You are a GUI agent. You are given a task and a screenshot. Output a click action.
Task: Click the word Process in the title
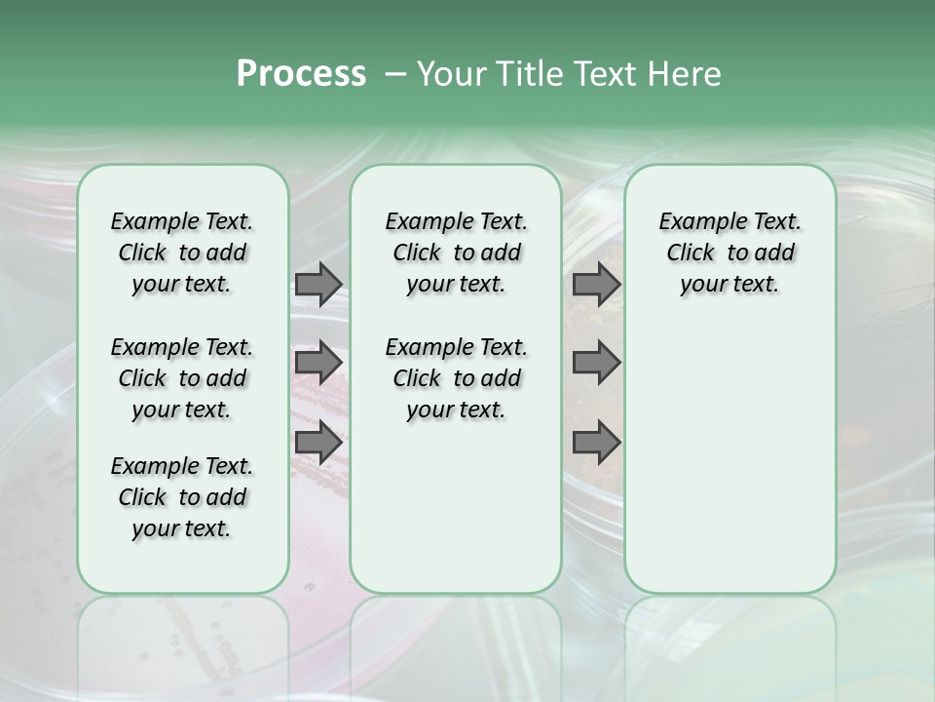[x=301, y=74]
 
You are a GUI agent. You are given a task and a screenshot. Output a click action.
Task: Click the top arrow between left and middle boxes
[x=318, y=284]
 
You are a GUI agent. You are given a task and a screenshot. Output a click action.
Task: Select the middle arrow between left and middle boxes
[x=318, y=363]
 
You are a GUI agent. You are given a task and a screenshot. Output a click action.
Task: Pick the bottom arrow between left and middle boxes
[x=318, y=442]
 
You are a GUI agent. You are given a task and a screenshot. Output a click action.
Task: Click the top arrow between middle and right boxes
[x=596, y=284]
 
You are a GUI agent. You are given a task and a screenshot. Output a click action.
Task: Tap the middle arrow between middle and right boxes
[x=596, y=363]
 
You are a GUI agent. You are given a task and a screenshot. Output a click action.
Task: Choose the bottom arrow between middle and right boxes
[x=596, y=442]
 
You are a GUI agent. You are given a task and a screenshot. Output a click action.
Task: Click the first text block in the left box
[x=182, y=253]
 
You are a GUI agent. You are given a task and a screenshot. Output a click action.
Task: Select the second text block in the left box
[x=182, y=378]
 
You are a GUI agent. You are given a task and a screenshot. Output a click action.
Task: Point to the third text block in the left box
[x=182, y=497]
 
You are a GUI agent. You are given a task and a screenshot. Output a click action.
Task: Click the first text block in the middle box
[x=456, y=253]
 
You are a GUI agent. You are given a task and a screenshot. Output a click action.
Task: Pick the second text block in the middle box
[x=456, y=378]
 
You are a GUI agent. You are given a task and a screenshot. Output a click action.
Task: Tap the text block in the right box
[x=729, y=253]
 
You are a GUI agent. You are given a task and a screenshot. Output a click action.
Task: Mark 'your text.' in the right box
[x=729, y=285]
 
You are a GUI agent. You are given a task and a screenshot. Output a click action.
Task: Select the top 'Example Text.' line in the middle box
[x=456, y=222]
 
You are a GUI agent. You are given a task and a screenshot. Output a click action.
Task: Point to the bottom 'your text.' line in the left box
[x=182, y=528]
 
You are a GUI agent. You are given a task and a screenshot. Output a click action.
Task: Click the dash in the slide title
[x=395, y=74]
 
